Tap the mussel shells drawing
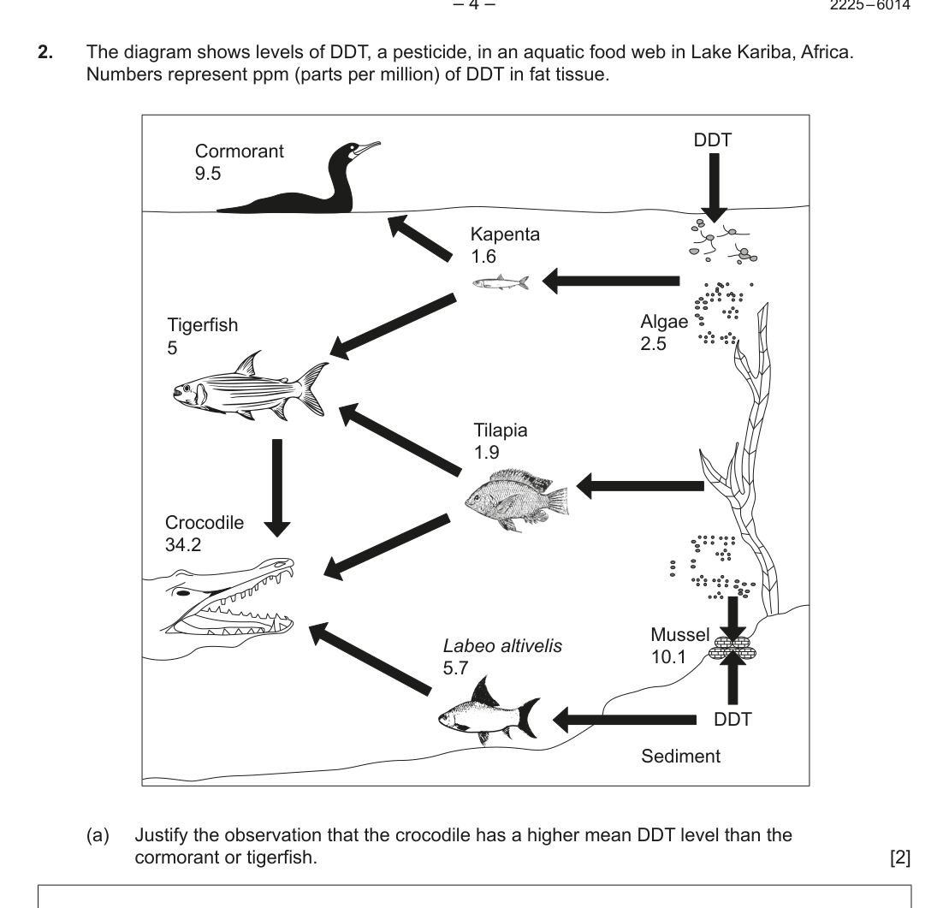pos(729,650)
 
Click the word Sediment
pos(681,757)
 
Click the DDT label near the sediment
pos(733,720)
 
